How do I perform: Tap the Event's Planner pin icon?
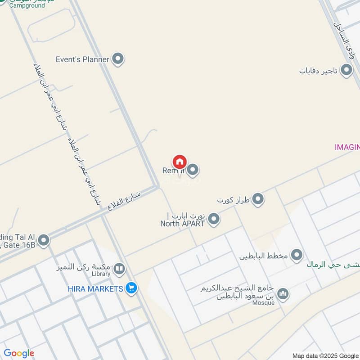click(x=118, y=58)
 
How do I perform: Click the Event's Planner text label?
click(x=82, y=59)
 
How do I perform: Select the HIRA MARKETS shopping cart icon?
click(x=131, y=288)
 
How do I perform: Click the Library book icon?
click(x=119, y=269)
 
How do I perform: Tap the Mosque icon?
click(x=283, y=294)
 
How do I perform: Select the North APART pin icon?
click(x=214, y=219)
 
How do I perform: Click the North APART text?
click(x=183, y=223)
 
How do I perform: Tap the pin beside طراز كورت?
click(x=257, y=199)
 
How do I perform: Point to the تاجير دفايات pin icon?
click(x=346, y=70)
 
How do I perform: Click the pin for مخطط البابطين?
click(x=296, y=256)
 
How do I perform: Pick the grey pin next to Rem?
click(x=193, y=170)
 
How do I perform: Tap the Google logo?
click(x=19, y=353)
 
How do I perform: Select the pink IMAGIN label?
click(x=347, y=147)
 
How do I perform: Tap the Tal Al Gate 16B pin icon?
click(x=44, y=240)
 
